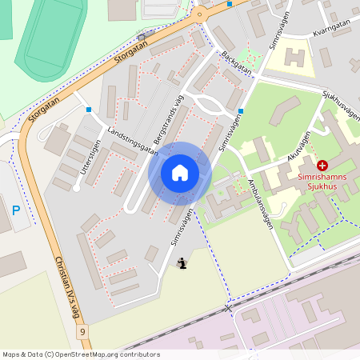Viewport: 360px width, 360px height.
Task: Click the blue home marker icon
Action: pyautogui.click(x=180, y=173)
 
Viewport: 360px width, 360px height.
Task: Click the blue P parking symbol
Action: pyautogui.click(x=16, y=211)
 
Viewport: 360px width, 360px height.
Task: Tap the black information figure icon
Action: pyautogui.click(x=183, y=262)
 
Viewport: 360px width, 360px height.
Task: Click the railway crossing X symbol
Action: pyautogui.click(x=229, y=307)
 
